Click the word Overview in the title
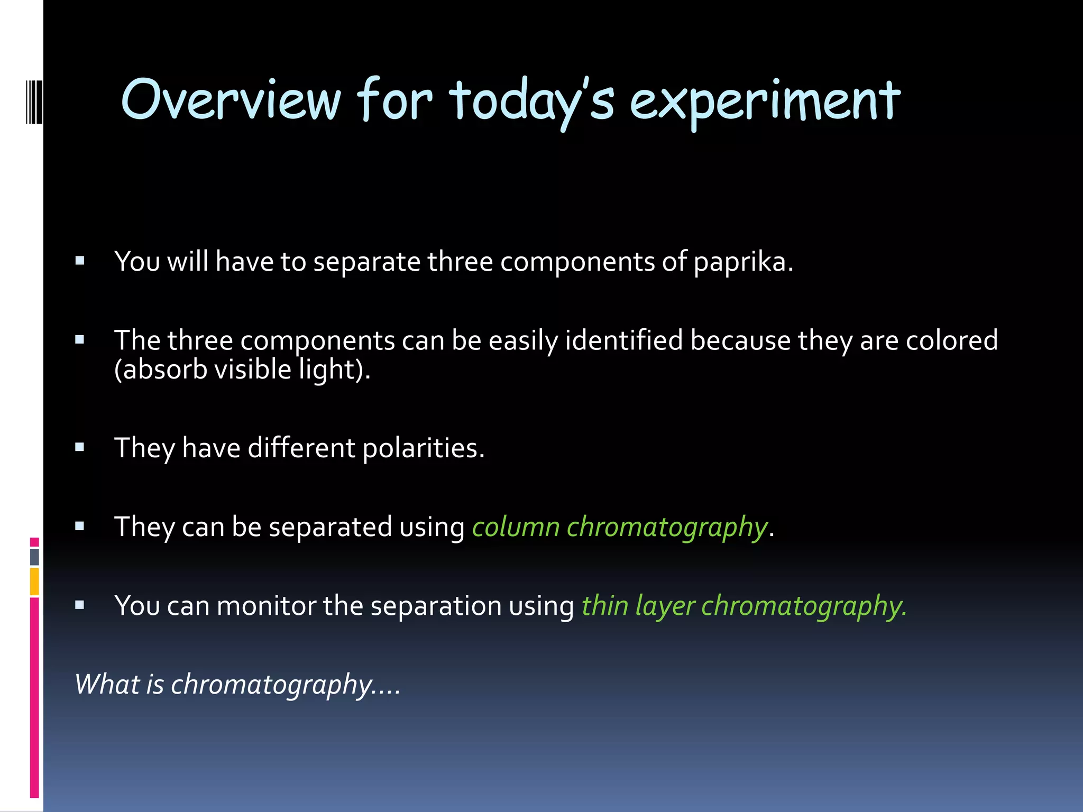tap(231, 100)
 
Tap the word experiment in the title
tap(765, 101)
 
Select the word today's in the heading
tap(531, 101)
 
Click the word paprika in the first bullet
tap(743, 262)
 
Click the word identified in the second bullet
tap(624, 340)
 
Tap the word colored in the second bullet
tap(951, 340)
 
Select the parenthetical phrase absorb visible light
tap(242, 370)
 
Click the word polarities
tap(424, 448)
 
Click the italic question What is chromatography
tap(237, 685)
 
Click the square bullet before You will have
tap(80, 261)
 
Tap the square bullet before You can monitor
tap(80, 605)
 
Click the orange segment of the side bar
tap(34, 582)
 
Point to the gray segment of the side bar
tap(34, 557)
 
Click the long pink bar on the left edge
tap(34, 698)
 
